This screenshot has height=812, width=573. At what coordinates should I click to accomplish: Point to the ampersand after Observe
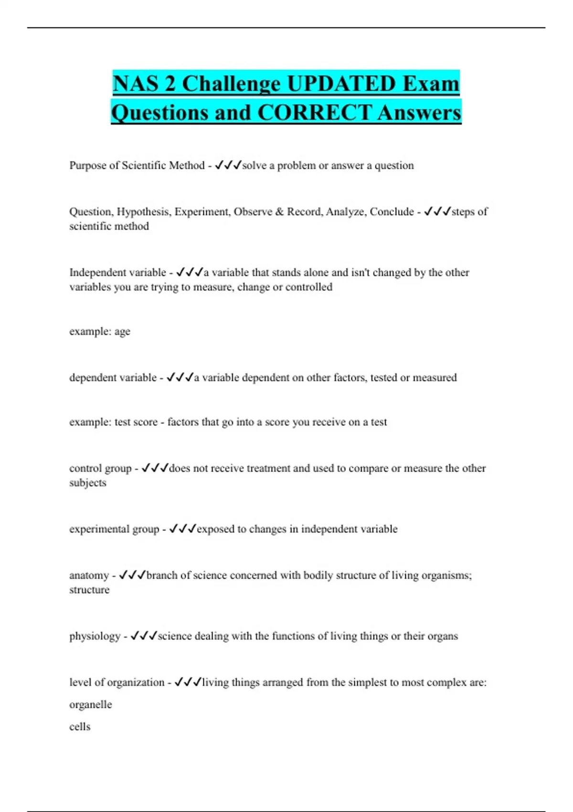coord(279,212)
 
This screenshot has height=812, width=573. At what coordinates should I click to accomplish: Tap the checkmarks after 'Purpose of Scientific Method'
coord(228,165)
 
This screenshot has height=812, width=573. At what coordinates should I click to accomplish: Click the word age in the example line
coord(122,331)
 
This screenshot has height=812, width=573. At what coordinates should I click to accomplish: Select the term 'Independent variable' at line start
coord(117,272)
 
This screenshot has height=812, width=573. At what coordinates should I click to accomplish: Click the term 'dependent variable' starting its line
coord(113,377)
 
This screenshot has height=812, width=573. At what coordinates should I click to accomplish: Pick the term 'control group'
coord(100,468)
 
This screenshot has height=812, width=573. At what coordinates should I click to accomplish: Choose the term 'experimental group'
coord(114,529)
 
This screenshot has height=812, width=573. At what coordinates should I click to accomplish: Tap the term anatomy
coord(89,575)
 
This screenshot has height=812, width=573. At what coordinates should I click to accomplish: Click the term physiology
coord(95,636)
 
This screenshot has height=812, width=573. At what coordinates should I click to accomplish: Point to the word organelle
coord(90,705)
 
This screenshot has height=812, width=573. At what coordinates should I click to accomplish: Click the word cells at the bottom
coord(80,727)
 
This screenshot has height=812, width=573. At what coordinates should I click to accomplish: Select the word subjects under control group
coord(87,482)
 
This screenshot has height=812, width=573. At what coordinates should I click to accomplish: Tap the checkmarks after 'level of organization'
coord(188,682)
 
